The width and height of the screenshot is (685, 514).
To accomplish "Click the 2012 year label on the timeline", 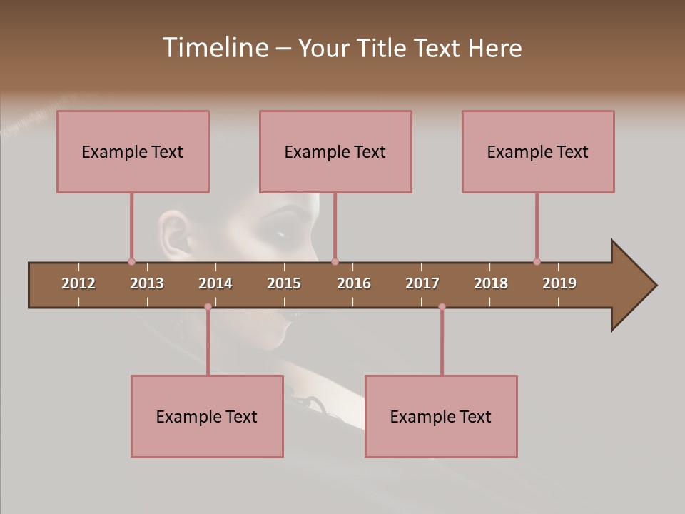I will pyautogui.click(x=78, y=283).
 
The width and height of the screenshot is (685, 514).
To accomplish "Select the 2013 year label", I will pyautogui.click(x=147, y=283).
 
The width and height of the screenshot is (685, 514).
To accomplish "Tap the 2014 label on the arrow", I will pyautogui.click(x=215, y=283).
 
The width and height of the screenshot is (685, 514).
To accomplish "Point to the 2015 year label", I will pyautogui.click(x=284, y=283).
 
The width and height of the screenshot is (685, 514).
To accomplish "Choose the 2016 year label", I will pyautogui.click(x=354, y=283).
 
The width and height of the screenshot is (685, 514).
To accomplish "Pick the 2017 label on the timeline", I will pyautogui.click(x=422, y=283).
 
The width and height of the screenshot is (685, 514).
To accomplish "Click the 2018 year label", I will pyautogui.click(x=491, y=283).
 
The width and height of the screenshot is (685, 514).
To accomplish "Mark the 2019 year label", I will pyautogui.click(x=559, y=283).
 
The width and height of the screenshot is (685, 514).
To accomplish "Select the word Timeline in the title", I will pyautogui.click(x=215, y=48).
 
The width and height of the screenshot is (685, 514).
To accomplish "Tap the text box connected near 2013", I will pyautogui.click(x=133, y=151).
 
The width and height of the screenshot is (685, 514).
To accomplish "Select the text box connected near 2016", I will pyautogui.click(x=335, y=151).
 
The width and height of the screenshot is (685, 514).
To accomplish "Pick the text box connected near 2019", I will pyautogui.click(x=538, y=151).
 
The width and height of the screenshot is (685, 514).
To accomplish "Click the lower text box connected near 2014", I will pyautogui.click(x=207, y=416).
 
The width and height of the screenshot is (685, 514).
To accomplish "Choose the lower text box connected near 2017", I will pyautogui.click(x=441, y=416).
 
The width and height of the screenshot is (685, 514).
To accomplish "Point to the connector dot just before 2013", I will pyautogui.click(x=131, y=261).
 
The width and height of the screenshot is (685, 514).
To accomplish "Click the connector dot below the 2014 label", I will pyautogui.click(x=208, y=307).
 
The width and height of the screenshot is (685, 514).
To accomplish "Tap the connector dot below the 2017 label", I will pyautogui.click(x=442, y=307).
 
